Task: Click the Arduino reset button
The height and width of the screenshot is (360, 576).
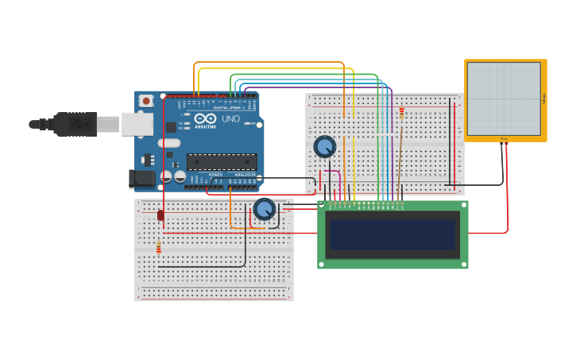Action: click(x=146, y=101)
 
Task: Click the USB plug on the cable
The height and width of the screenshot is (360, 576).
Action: click(x=75, y=124)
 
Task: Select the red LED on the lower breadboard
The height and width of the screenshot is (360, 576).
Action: click(x=160, y=215)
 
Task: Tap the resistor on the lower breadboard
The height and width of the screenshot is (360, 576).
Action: click(x=159, y=248)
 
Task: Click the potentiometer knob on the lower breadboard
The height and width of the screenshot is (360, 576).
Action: click(x=264, y=209)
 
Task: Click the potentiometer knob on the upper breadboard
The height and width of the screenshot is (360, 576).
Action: click(x=324, y=146)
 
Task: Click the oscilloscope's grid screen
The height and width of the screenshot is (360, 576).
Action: click(x=504, y=98)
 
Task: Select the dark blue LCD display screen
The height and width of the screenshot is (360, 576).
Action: click(x=392, y=235)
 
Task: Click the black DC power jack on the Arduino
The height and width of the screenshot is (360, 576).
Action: click(x=141, y=179)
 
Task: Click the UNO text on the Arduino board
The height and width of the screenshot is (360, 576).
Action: click(x=230, y=119)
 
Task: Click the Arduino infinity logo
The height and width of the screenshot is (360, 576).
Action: click(x=205, y=118)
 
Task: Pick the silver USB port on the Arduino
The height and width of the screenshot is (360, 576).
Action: click(x=137, y=123)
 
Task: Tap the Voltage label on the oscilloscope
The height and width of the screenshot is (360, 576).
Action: click(x=543, y=99)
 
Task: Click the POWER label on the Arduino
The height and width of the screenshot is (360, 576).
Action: click(x=215, y=175)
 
